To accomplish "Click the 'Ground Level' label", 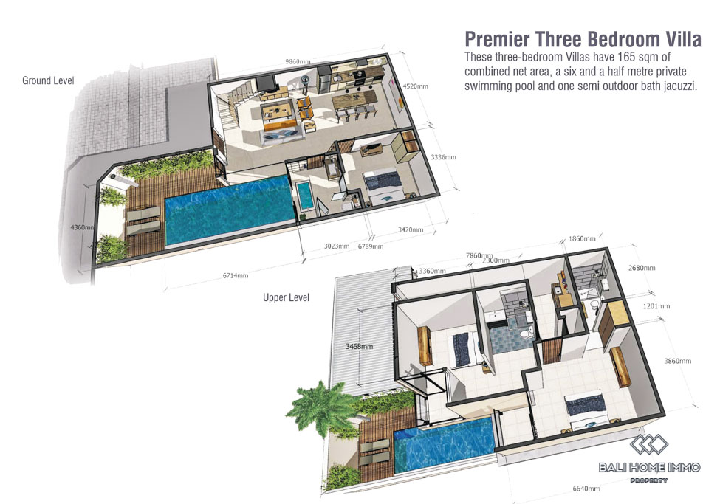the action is click(48, 80).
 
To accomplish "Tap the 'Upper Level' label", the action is click(286, 297).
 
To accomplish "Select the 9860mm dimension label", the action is click(298, 61).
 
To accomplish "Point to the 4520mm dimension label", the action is click(415, 86).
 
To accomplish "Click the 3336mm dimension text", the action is click(443, 157).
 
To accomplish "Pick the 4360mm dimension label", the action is click(82, 227).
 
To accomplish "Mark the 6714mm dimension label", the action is click(236, 275).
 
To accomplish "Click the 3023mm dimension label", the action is click(337, 246).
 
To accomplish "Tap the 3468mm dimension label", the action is click(359, 347).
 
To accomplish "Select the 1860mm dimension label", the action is click(582, 238).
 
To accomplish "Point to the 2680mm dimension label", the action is click(642, 268).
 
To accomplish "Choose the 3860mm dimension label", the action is click(677, 361).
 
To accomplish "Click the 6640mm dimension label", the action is click(586, 489).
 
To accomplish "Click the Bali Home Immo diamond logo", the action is click(649, 444).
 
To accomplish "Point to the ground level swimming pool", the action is click(228, 211).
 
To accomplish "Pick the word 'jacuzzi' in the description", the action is click(679, 86).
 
